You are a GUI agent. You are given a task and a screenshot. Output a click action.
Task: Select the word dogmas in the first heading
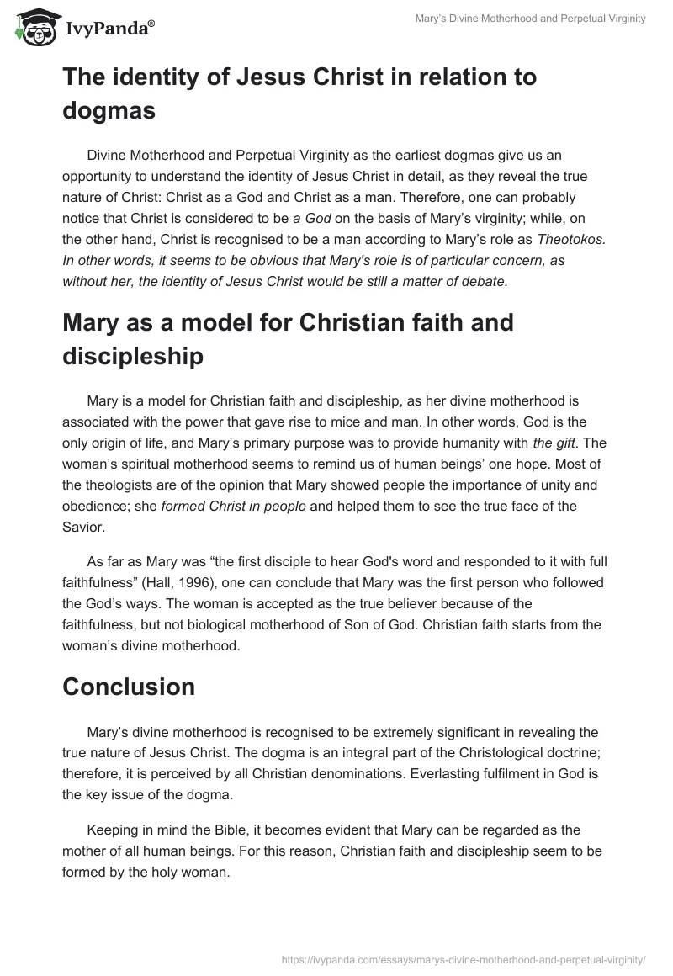tap(109, 110)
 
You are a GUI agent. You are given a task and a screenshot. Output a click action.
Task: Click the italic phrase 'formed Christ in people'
tap(229, 510)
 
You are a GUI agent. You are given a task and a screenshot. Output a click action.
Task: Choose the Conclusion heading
tap(129, 687)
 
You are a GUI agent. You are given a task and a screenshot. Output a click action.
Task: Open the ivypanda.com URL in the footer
tap(461, 957)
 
